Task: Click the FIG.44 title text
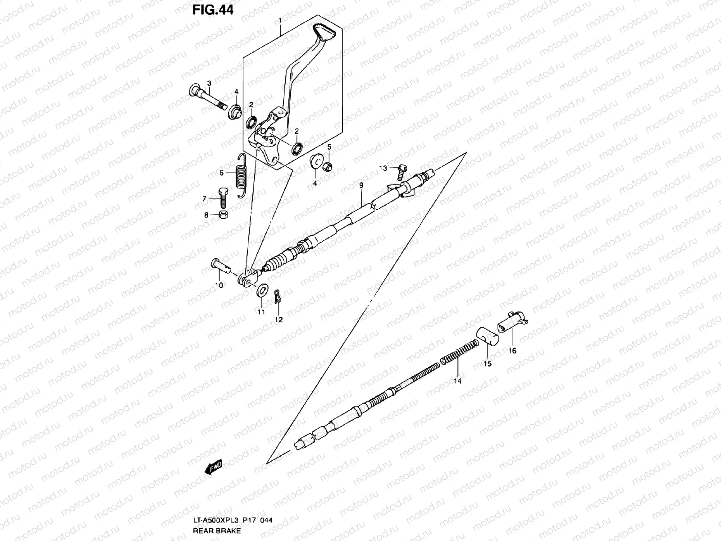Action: (213, 9)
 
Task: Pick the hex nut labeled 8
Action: (222, 214)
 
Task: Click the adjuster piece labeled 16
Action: (512, 321)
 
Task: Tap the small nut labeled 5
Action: (329, 166)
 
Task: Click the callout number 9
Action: (361, 185)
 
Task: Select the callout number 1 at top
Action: (280, 21)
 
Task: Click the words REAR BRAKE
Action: (217, 531)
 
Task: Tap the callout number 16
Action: (512, 351)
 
